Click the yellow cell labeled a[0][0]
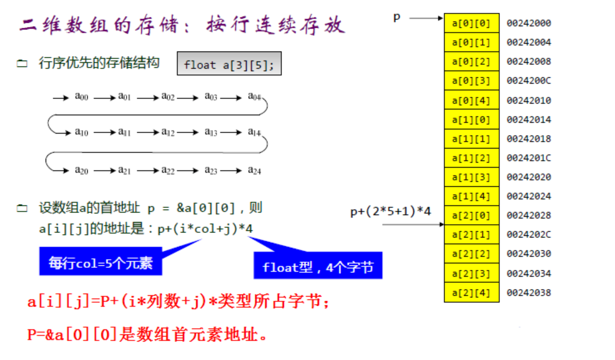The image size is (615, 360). [471, 23]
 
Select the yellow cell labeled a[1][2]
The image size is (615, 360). [471, 158]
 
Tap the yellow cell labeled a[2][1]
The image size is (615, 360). [471, 235]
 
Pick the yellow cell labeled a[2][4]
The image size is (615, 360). [471, 292]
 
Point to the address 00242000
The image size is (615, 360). [528, 23]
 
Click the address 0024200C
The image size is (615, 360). [528, 80]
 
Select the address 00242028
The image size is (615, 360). [528, 215]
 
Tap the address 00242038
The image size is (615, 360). [528, 292]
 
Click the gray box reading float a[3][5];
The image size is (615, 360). [229, 64]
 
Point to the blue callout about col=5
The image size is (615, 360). [101, 262]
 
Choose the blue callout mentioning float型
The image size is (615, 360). [318, 265]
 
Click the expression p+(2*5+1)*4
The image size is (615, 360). [390, 211]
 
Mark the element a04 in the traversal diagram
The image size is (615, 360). [254, 96]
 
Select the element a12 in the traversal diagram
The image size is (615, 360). [168, 132]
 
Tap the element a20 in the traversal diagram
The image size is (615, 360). [82, 170]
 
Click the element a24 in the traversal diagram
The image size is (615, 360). [254, 170]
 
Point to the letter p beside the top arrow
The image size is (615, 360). [397, 18]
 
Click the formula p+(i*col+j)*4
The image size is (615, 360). [205, 229]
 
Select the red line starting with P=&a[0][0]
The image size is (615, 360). [148, 334]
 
